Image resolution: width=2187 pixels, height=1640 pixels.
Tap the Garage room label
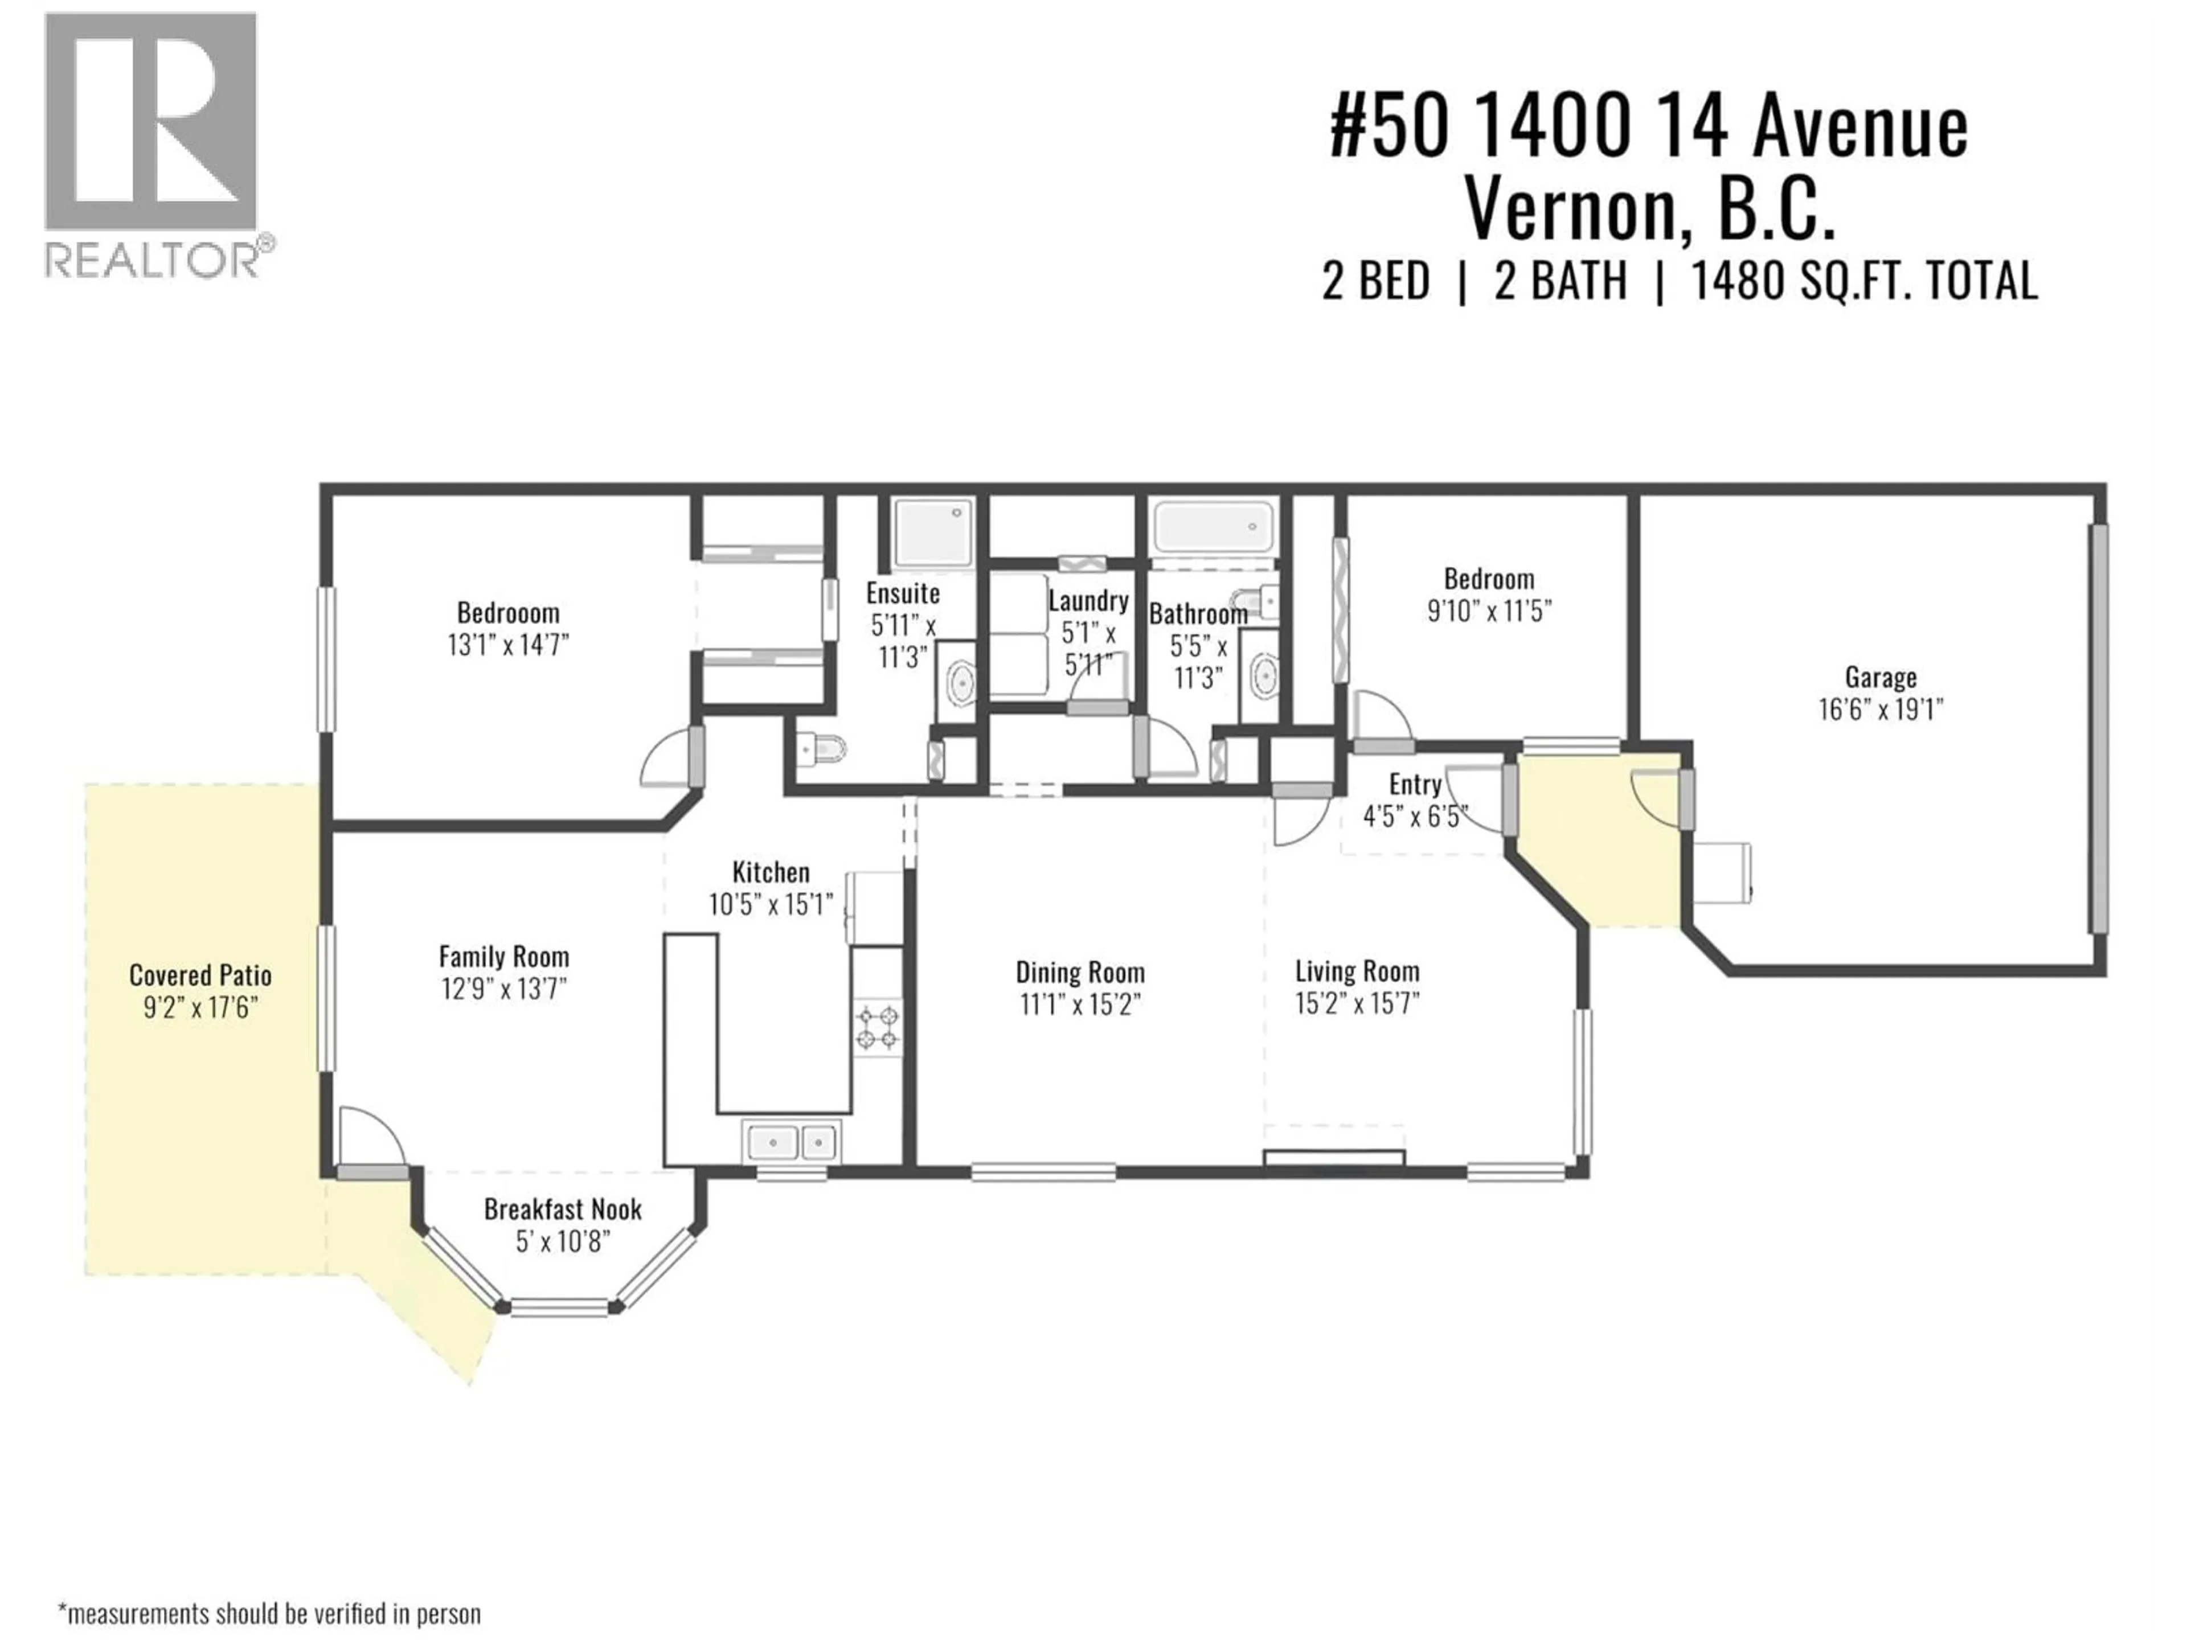(x=1881, y=678)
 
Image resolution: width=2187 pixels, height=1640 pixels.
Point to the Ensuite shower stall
(x=932, y=534)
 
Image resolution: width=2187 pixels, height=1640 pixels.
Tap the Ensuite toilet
(x=821, y=751)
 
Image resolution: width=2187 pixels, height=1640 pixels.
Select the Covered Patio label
(x=200, y=975)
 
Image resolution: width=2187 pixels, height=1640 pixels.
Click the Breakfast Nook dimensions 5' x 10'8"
(x=563, y=1241)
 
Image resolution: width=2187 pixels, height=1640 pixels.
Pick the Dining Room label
(x=1080, y=973)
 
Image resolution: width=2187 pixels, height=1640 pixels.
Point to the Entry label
(x=1415, y=785)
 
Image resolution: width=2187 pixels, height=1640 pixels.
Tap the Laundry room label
(x=1088, y=601)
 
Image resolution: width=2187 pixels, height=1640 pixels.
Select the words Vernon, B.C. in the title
(x=1649, y=210)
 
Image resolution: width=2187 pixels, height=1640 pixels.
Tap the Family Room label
(x=504, y=957)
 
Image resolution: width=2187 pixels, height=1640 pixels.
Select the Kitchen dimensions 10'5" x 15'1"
(x=771, y=904)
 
